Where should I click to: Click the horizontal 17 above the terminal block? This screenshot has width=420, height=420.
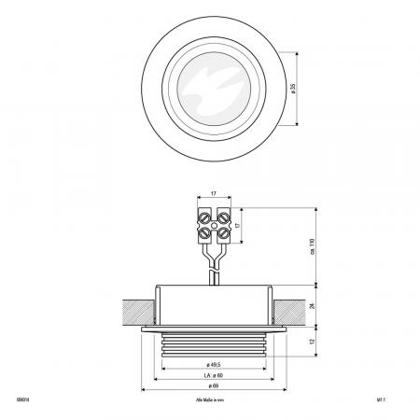click(x=215, y=194)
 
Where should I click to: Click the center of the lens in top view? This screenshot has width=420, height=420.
click(x=213, y=87)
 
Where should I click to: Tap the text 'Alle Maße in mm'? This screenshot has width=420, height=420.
click(x=211, y=399)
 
